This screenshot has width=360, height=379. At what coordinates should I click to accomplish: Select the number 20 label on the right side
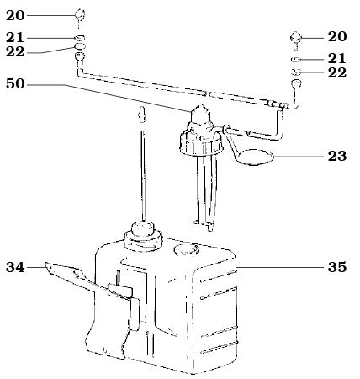pyautogui.click(x=336, y=37)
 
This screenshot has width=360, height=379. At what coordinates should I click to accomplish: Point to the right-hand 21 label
pyautogui.click(x=336, y=58)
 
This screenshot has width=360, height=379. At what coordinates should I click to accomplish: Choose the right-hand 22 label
pyautogui.click(x=336, y=73)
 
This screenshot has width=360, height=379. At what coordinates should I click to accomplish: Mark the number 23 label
pyautogui.click(x=336, y=156)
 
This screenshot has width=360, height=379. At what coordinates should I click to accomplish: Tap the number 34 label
pyautogui.click(x=16, y=268)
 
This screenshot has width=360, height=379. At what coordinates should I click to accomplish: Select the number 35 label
pyautogui.click(x=336, y=268)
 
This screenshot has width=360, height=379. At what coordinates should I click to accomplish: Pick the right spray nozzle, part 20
pyautogui.click(x=297, y=38)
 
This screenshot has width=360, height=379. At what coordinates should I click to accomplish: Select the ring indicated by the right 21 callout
pyautogui.click(x=297, y=61)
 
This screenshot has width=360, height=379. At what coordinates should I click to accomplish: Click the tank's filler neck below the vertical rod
pyautogui.click(x=141, y=232)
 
